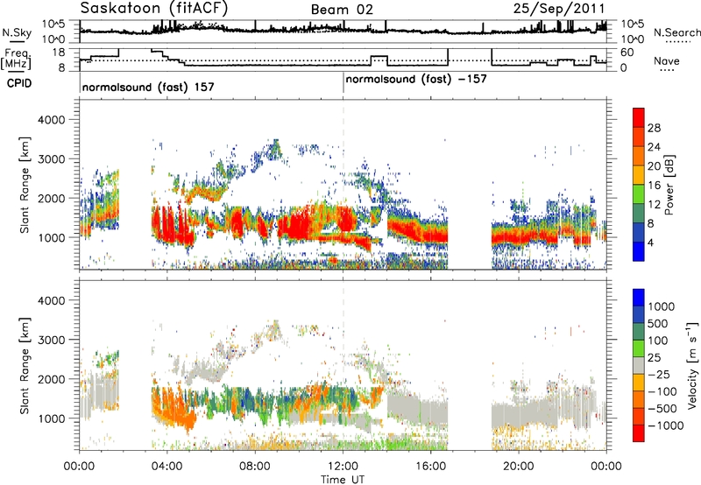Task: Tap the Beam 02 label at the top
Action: click(x=342, y=10)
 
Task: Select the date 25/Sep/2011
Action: click(x=559, y=8)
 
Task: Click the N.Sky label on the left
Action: click(x=17, y=32)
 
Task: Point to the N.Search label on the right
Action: click(x=677, y=32)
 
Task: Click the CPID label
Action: click(x=19, y=83)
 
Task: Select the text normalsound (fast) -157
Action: click(x=416, y=80)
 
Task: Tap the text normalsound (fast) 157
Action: click(x=148, y=87)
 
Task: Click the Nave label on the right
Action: click(x=667, y=60)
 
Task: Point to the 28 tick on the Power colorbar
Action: click(x=654, y=128)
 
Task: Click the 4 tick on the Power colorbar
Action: click(x=650, y=242)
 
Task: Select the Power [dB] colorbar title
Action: click(x=669, y=186)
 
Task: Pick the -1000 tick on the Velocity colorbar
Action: click(x=666, y=425)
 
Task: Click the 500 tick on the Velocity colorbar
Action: click(x=658, y=324)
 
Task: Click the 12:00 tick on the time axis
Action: click(x=343, y=467)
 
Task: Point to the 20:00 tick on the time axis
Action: click(x=519, y=467)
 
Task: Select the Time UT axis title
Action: click(x=343, y=480)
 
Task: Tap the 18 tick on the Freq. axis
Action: click(x=59, y=53)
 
